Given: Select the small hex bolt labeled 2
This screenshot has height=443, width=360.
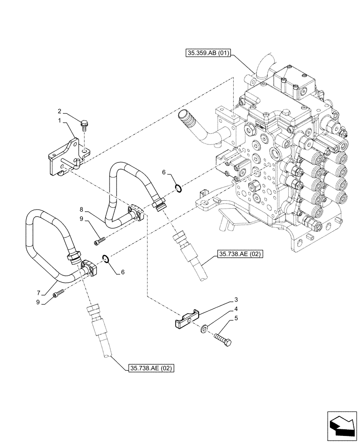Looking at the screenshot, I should (84, 125).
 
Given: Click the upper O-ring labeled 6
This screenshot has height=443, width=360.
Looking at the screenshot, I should (178, 189).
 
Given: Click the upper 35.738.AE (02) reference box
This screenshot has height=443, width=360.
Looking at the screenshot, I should (240, 254).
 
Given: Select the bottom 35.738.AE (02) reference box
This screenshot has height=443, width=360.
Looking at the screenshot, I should (151, 368).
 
